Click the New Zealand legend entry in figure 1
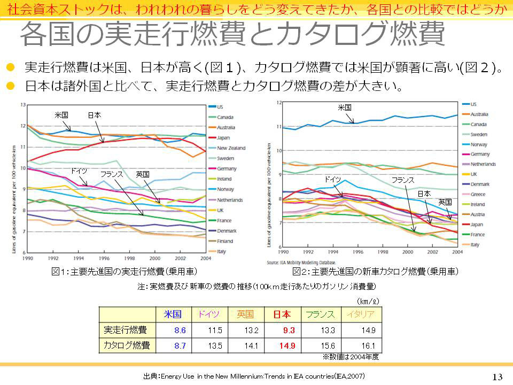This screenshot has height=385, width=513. tap(231, 148)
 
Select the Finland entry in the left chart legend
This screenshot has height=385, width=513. tap(226, 241)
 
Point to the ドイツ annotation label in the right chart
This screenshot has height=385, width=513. tap(333, 179)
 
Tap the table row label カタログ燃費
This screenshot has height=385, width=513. tap(126, 345)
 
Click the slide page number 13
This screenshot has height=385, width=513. tap(497, 376)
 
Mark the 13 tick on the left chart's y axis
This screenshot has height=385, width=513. tap(22, 105)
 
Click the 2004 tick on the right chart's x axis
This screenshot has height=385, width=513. tap(455, 251)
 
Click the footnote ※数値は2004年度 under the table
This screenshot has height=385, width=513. tap(350, 356)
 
